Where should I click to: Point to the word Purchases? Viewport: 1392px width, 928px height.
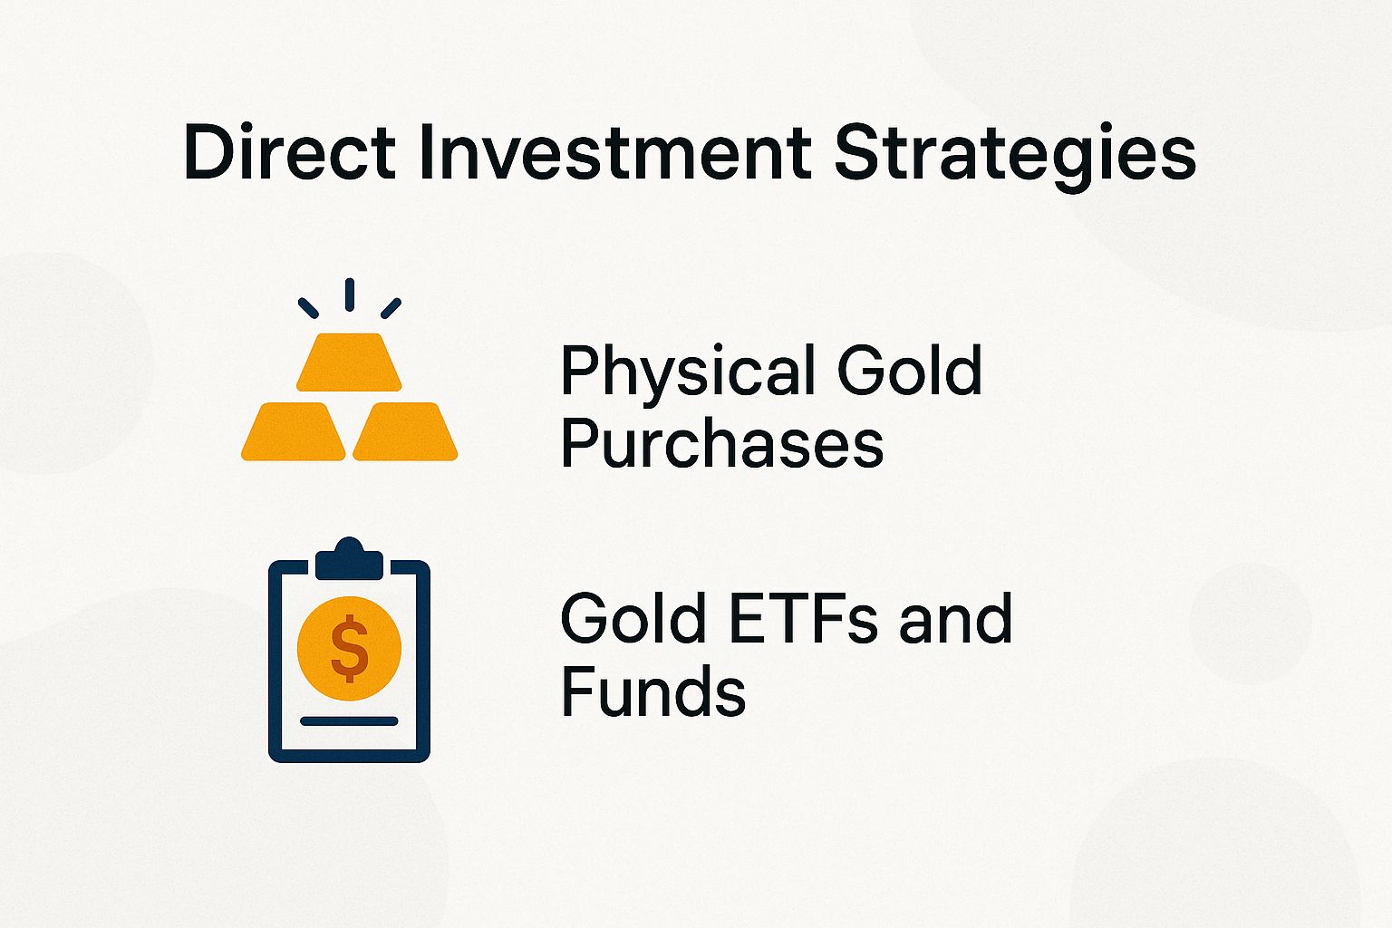pos(721,443)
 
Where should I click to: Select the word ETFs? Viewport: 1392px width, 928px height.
pos(803,620)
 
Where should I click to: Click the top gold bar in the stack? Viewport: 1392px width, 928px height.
pos(349,362)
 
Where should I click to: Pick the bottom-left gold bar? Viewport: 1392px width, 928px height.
pos(294,432)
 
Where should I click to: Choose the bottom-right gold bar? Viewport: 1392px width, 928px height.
pos(405,432)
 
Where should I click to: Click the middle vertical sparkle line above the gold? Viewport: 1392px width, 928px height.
pos(349,295)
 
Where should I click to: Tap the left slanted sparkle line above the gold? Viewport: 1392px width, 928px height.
pos(308,308)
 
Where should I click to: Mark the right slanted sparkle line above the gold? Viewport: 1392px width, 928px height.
pos(391,308)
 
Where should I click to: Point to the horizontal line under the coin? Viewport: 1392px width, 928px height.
pos(349,721)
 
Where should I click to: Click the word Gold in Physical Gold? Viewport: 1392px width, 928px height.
pos(909,371)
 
